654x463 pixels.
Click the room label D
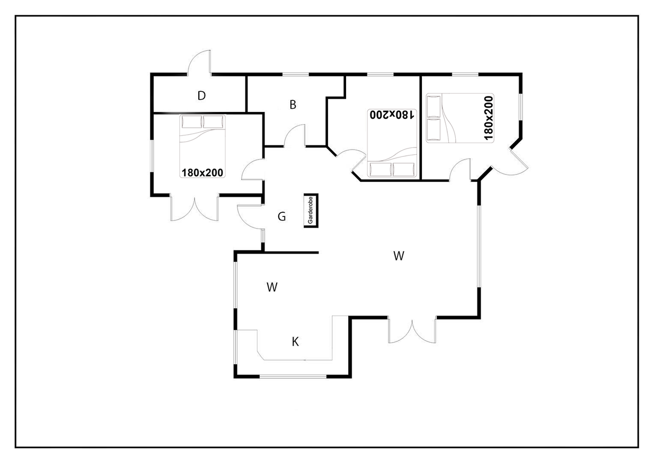click(201, 95)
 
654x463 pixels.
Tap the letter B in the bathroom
click(293, 104)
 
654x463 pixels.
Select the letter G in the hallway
click(281, 216)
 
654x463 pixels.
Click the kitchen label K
click(295, 342)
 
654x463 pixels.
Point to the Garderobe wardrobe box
click(311, 211)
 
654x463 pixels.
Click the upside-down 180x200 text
click(392, 115)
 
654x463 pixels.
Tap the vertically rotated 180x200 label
click(489, 118)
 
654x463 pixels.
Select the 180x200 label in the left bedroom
click(202, 173)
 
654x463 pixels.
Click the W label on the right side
click(399, 256)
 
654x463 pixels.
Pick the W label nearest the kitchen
click(272, 287)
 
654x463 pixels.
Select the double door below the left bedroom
click(195, 208)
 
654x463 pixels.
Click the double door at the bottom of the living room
click(412, 330)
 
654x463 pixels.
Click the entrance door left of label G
click(250, 217)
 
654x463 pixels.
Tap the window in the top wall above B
click(296, 74)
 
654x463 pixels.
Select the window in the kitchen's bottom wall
click(293, 377)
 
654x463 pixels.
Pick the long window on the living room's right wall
click(479, 246)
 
